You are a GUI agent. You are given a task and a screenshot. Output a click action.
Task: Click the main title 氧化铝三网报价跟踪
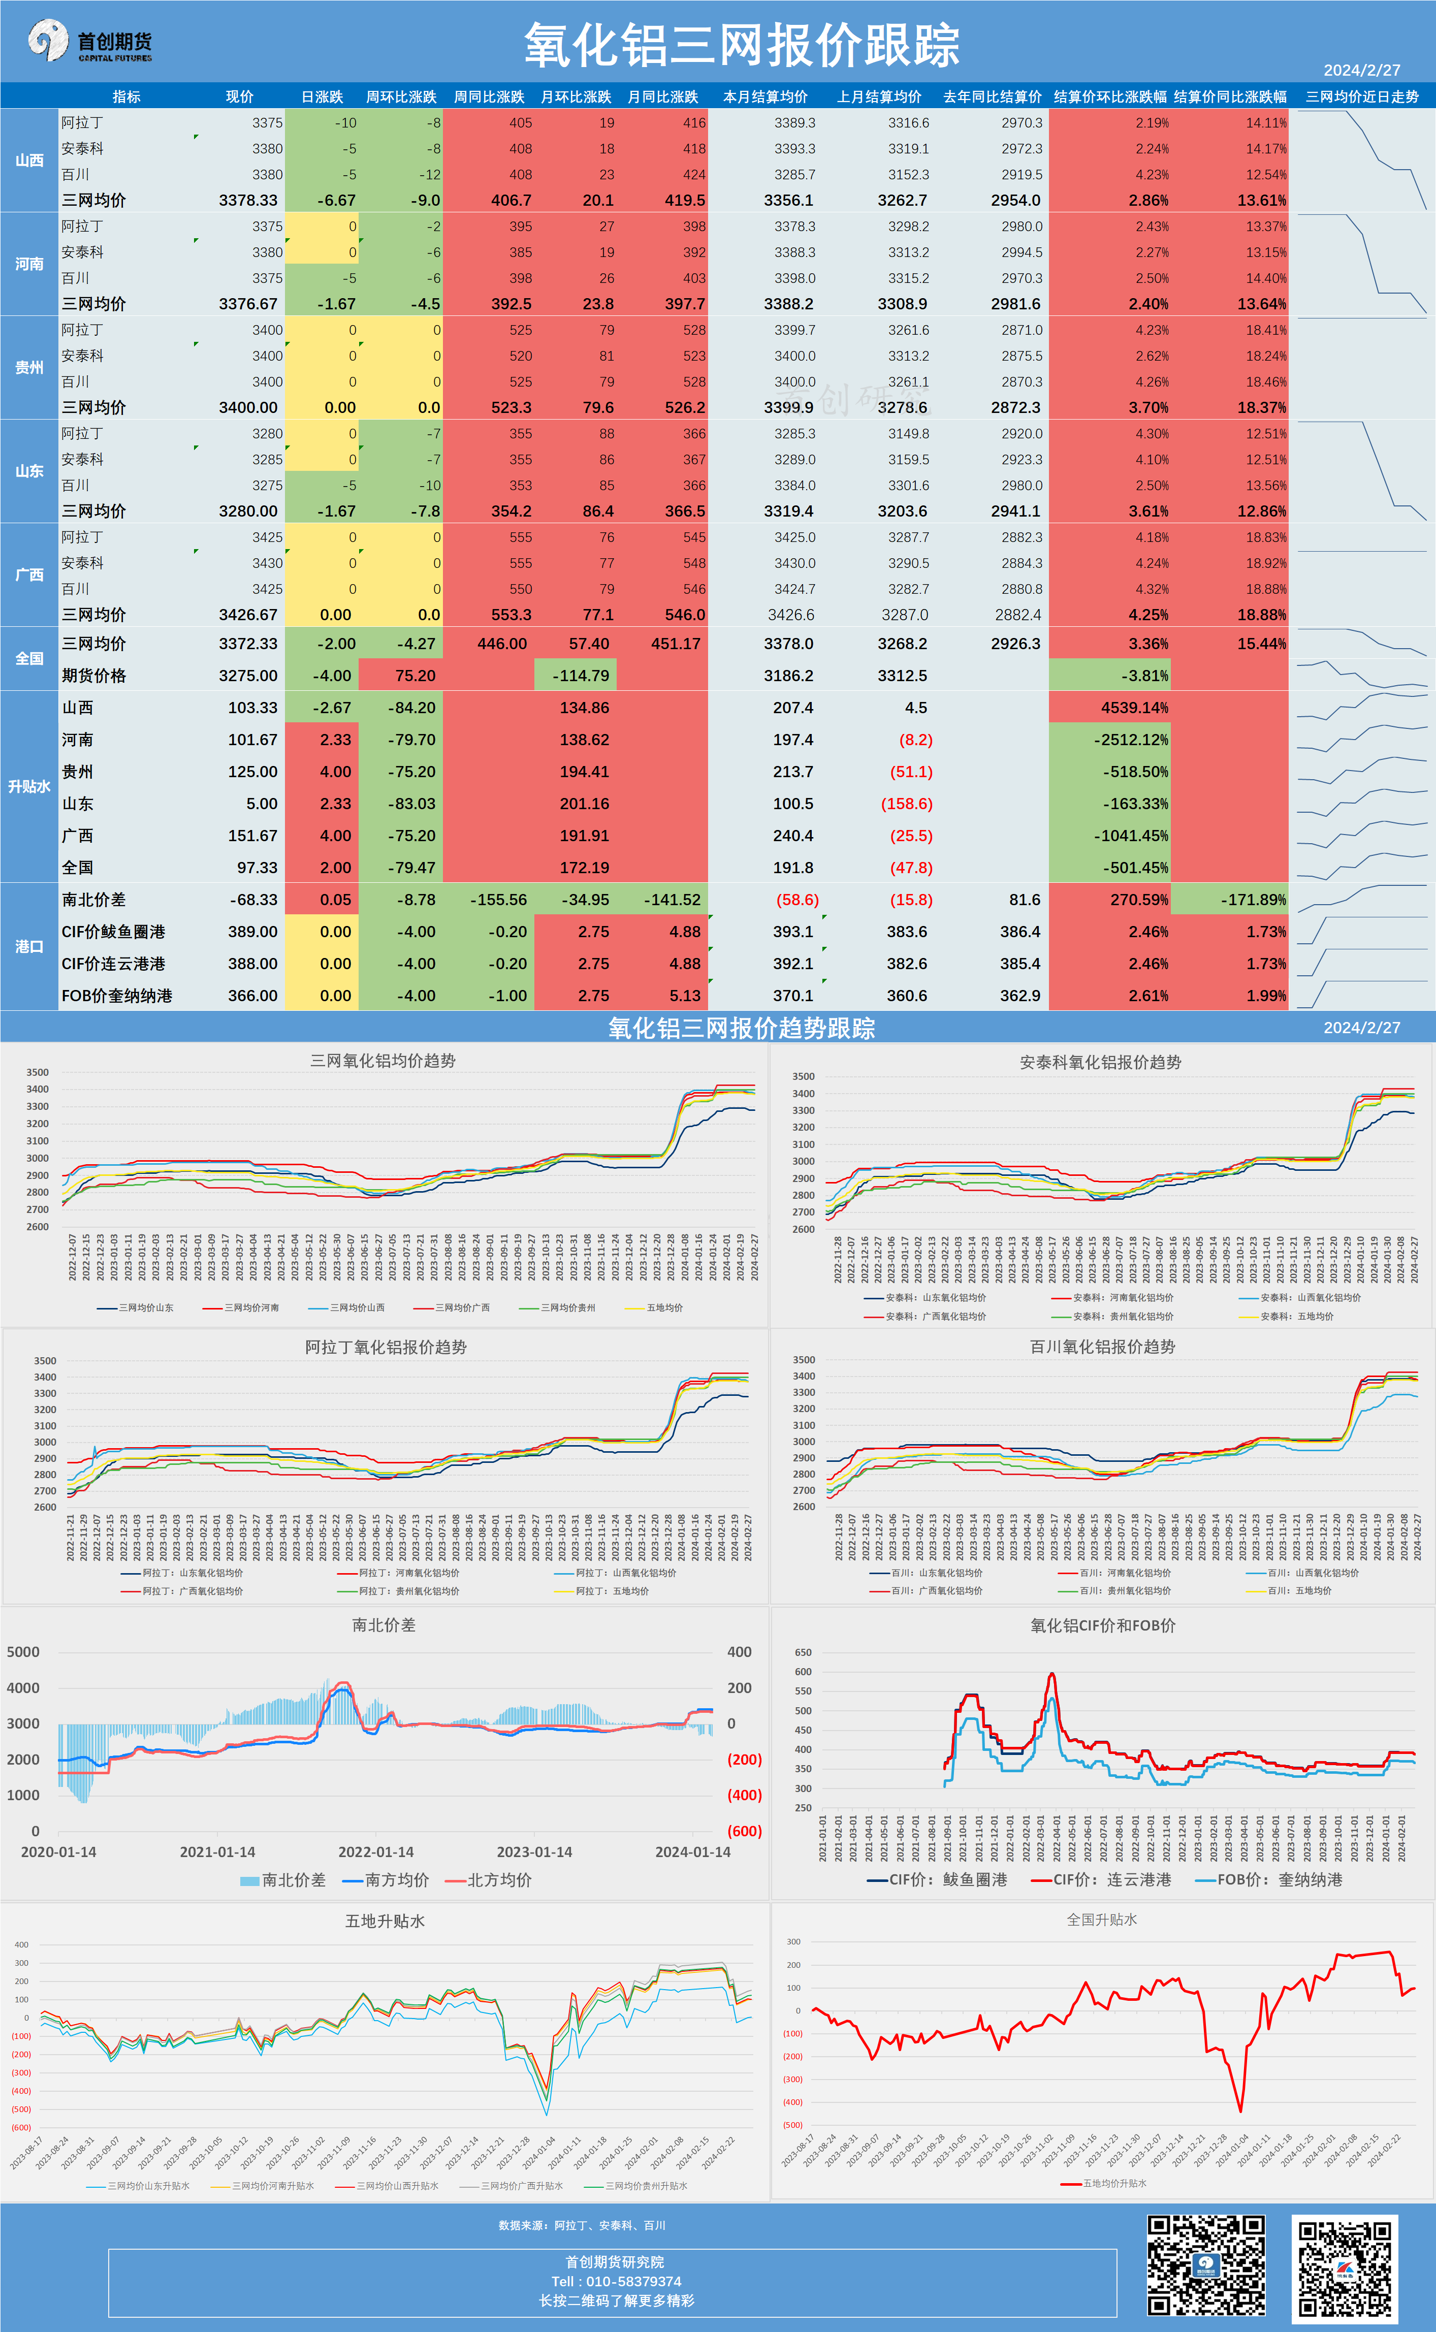(742, 46)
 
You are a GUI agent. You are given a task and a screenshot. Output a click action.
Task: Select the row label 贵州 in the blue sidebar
(29, 367)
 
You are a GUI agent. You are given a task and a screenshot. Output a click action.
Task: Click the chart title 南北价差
(384, 1624)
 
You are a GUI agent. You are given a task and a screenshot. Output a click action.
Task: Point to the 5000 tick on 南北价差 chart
(24, 1652)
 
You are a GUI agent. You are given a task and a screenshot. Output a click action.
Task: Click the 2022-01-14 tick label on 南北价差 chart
(376, 1851)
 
